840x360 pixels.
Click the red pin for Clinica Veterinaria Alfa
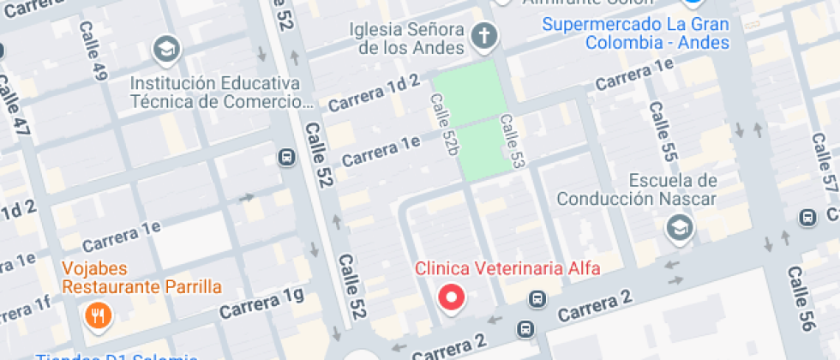[x=452, y=297]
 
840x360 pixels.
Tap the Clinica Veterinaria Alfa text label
[x=507, y=267]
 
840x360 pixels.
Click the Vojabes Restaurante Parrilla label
[x=142, y=277]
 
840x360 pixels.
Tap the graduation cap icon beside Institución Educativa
[x=165, y=50]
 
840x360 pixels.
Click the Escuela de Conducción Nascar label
[x=637, y=190]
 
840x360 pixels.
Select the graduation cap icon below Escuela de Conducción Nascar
[x=680, y=228]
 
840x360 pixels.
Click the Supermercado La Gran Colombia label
[x=635, y=33]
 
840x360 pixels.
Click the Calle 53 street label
[x=512, y=140]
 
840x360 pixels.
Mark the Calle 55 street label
[x=663, y=131]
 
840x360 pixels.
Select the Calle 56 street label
[x=801, y=299]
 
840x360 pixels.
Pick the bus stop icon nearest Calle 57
[x=807, y=218]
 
